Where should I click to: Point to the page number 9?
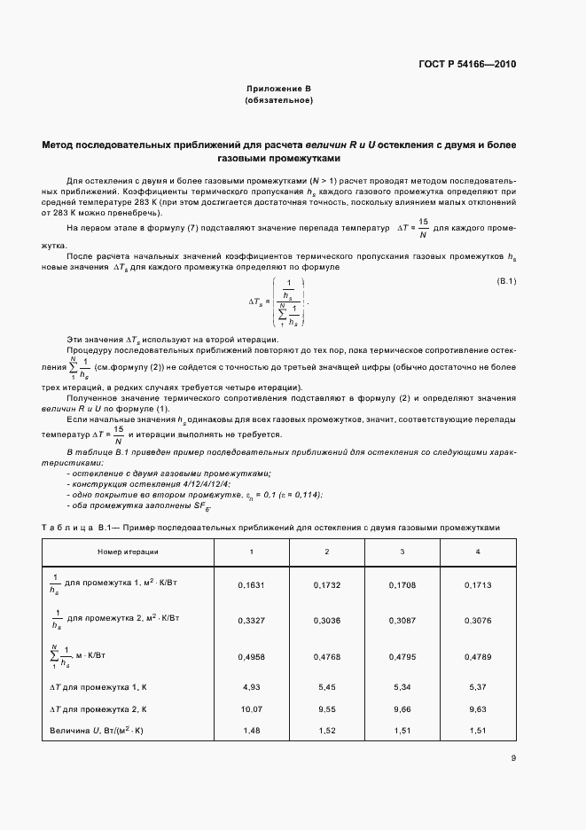click(513, 757)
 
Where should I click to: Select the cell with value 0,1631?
click(251, 585)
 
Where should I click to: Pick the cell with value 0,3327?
click(251, 620)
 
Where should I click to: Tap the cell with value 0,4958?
click(251, 657)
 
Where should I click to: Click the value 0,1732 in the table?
click(327, 585)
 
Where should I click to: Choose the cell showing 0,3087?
click(402, 620)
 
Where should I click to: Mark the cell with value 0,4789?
click(478, 657)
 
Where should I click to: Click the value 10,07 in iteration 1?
click(251, 710)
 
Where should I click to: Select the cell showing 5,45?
click(327, 687)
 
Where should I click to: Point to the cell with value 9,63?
click(478, 710)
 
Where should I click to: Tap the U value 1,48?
click(251, 732)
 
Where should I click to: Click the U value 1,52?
click(327, 732)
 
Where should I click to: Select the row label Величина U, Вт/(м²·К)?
click(99, 732)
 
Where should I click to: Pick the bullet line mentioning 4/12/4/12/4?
click(148, 484)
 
